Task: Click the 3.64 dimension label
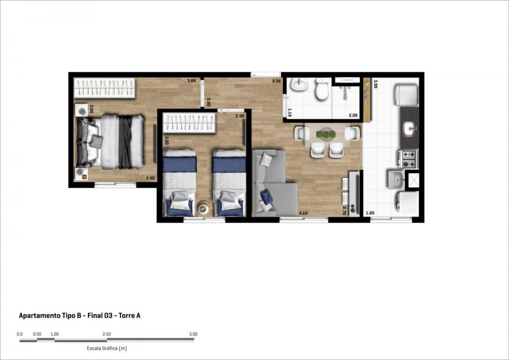coord(191,81)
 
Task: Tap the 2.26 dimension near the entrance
coord(276,81)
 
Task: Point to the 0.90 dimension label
coord(209,102)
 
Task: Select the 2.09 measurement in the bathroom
coord(353,115)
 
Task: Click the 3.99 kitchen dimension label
coord(376,84)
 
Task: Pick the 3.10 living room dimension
coord(303,213)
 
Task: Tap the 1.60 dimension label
coord(370,213)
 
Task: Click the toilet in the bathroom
coord(322,89)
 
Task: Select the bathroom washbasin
coord(299,85)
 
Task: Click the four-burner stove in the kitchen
coord(408,159)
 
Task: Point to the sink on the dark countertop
coord(410,128)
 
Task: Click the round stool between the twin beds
coord(204,208)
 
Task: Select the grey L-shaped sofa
coord(274,184)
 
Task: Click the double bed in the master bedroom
coord(110,142)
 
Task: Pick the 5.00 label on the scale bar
coord(193,334)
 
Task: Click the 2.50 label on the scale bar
coord(106,334)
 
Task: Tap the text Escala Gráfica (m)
coord(107,348)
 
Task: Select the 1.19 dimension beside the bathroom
coord(290,113)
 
